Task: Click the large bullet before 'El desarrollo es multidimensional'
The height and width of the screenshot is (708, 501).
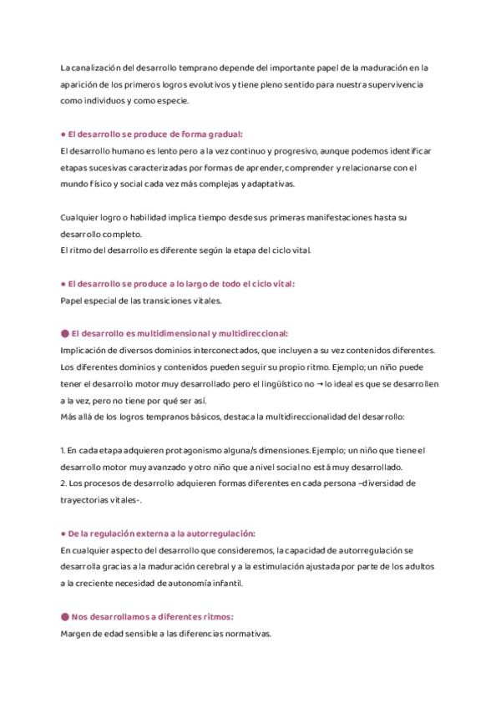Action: tap(65, 332)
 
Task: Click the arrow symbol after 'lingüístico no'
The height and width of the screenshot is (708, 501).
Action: tap(319, 382)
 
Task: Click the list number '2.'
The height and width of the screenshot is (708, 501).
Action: tap(63, 483)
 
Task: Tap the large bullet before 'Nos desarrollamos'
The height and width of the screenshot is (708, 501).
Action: tap(65, 616)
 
